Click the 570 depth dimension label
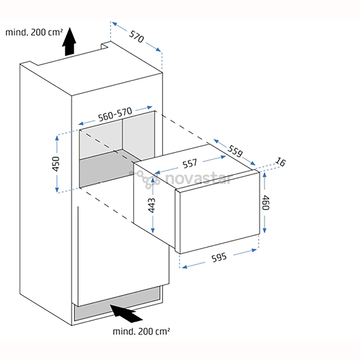pyautogui.click(x=136, y=36)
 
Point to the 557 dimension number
pyautogui.click(x=190, y=164)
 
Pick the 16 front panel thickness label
pyautogui.click(x=281, y=163)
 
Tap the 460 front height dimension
pyautogui.click(x=265, y=202)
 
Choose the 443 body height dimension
pyautogui.click(x=152, y=205)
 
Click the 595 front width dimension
pyautogui.click(x=219, y=257)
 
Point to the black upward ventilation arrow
pyautogui.click(x=69, y=42)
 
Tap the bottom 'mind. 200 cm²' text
pyautogui.click(x=142, y=331)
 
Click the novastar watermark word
pyautogui.click(x=198, y=179)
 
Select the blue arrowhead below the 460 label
pyautogui.click(x=265, y=230)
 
